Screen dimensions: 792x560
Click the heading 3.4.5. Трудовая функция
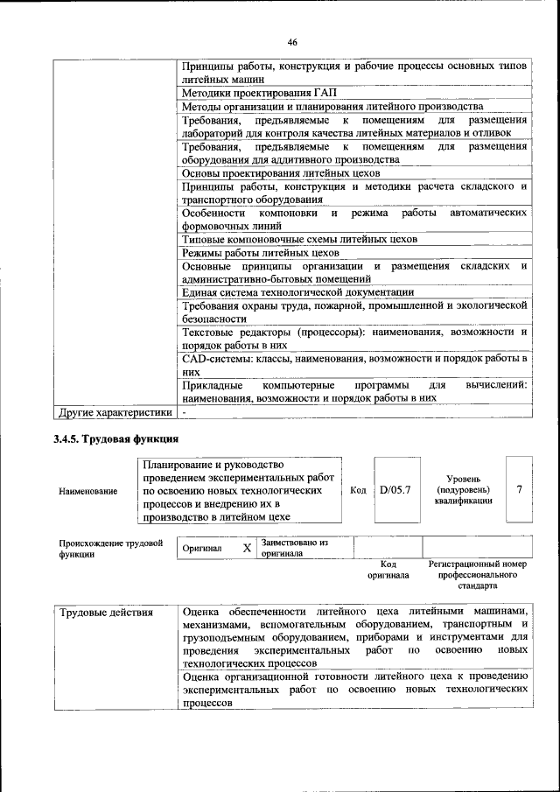coord(115,439)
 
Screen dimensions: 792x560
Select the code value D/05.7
coord(395,490)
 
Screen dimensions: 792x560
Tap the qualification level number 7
coord(520,490)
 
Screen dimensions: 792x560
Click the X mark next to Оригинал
coord(247,549)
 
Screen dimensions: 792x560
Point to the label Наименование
coord(87,492)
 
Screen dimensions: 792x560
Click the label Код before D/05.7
coord(358,491)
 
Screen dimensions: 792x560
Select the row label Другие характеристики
coord(115,411)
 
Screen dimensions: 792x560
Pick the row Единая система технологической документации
coord(297,292)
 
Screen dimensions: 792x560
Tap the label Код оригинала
coord(388,571)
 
